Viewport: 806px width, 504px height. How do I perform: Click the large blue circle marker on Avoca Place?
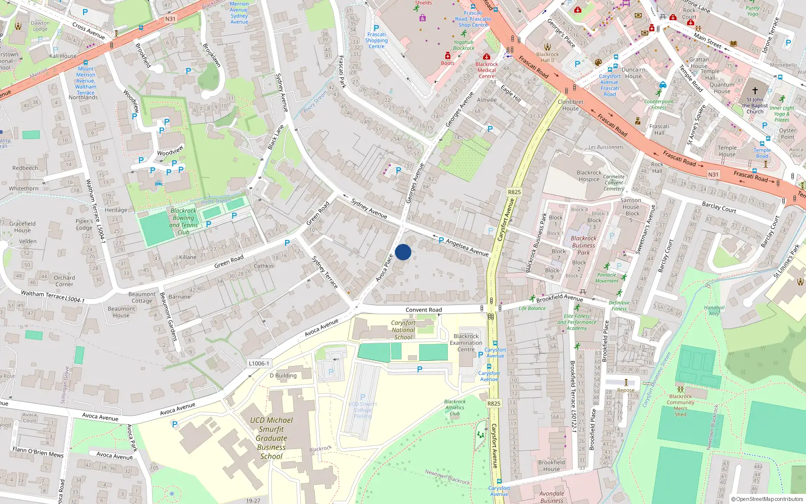(x=403, y=252)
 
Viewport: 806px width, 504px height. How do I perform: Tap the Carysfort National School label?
(x=403, y=330)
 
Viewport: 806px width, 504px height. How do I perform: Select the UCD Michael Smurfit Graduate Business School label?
(x=272, y=438)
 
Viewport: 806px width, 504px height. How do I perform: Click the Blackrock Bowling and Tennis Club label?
(x=183, y=221)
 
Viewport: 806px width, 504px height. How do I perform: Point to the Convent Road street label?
(x=424, y=310)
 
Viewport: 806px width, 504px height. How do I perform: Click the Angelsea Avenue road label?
(x=467, y=247)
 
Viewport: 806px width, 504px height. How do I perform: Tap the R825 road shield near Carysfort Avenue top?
(x=514, y=192)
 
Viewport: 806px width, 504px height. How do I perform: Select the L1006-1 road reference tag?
(x=259, y=363)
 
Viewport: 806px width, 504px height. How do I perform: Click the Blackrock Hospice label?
(x=589, y=176)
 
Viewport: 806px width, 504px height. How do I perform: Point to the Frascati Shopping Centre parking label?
(x=376, y=40)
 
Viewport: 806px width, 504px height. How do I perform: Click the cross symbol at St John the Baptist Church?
(x=755, y=91)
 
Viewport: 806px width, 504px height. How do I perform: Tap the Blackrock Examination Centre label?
(x=466, y=343)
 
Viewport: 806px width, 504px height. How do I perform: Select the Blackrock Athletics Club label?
(x=455, y=408)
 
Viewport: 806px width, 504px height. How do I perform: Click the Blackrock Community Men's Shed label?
(x=681, y=405)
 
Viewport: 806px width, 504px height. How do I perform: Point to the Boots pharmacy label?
(x=448, y=63)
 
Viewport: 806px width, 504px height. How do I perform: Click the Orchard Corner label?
(x=64, y=281)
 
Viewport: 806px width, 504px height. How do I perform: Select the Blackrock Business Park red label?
(x=583, y=245)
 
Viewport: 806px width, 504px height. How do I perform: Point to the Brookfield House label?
(x=552, y=465)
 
